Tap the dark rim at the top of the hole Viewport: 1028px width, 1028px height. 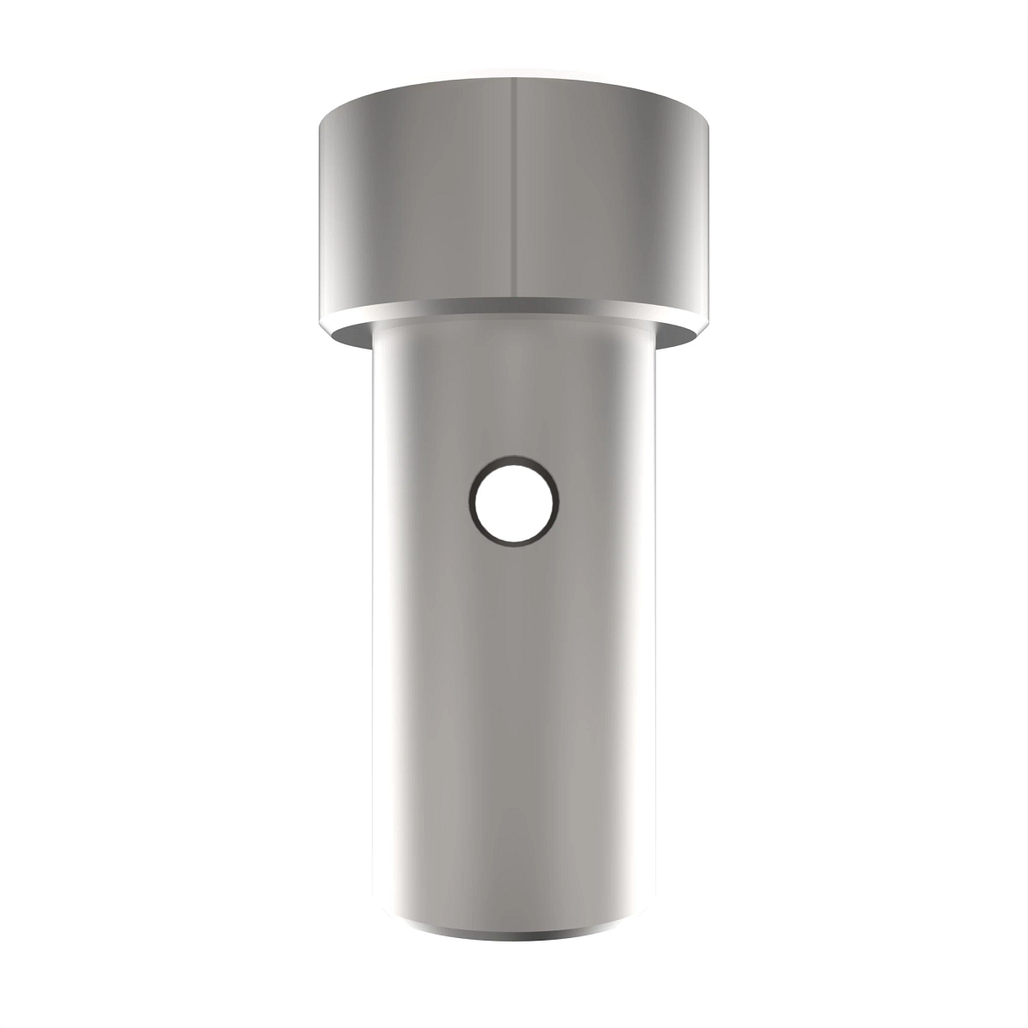click(514, 461)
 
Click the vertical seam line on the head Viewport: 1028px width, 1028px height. click(514, 188)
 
